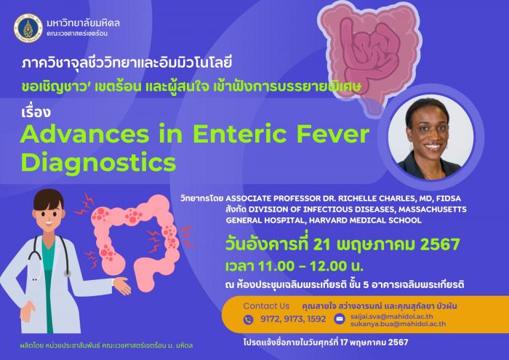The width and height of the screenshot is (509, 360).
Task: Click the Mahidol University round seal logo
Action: [28, 28]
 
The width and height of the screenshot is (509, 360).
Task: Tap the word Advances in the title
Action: [85, 134]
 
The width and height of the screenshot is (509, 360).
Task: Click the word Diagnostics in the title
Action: [98, 163]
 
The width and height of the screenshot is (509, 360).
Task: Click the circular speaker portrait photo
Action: [431, 137]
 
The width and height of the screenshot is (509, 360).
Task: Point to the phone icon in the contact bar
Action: [249, 320]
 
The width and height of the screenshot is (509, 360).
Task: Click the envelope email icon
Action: [340, 319]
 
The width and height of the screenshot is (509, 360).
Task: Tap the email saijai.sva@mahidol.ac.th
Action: [391, 316]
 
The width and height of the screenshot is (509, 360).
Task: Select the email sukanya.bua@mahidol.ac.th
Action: [398, 324]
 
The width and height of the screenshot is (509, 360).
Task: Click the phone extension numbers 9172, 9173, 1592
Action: [293, 319]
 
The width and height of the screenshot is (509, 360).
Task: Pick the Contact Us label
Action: [266, 305]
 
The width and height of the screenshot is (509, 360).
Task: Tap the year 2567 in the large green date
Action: [440, 244]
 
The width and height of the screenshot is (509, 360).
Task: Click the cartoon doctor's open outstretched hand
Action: [122, 286]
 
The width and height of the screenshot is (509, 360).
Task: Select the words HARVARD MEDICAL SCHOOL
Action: [365, 220]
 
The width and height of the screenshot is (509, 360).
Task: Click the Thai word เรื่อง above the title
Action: [36, 111]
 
